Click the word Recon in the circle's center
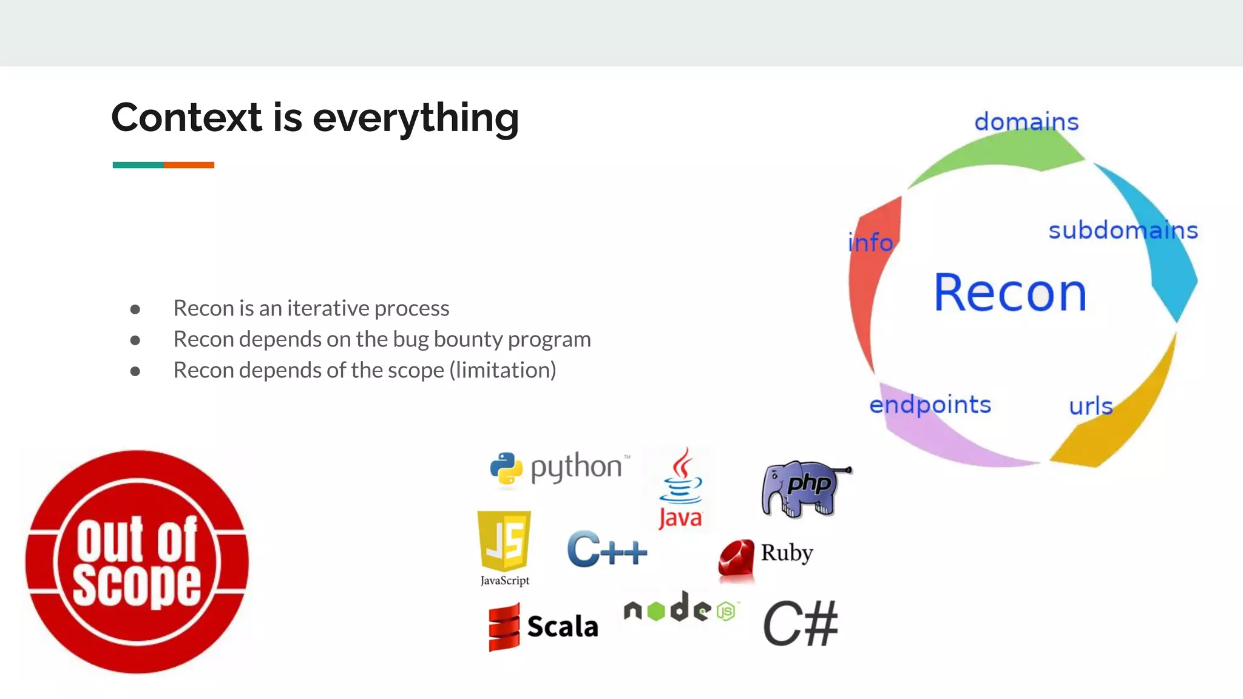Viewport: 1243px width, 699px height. [1010, 293]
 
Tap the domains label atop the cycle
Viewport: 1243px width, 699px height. [1026, 121]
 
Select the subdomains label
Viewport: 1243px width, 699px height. [1123, 231]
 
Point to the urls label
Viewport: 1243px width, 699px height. [1091, 406]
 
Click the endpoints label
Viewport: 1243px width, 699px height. [930, 405]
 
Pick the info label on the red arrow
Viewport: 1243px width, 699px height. [870, 243]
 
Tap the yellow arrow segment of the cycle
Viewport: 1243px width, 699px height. [1123, 419]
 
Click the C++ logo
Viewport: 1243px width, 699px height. [606, 550]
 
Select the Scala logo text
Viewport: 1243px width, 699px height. [562, 627]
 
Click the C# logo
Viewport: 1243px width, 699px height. [800, 624]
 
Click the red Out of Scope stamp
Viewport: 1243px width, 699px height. [137, 561]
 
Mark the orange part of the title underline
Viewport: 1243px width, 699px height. [189, 165]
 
